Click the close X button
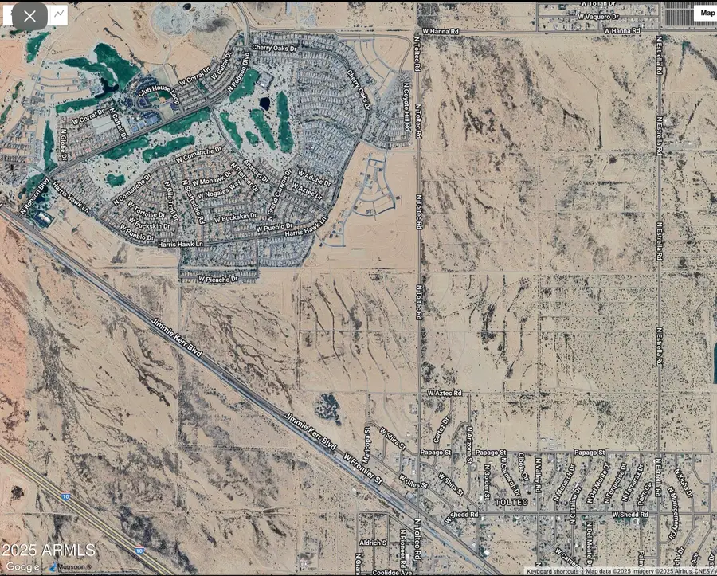pos(29,16)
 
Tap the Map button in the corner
pos(707,13)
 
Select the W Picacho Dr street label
pos(218,280)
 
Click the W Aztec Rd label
pos(445,394)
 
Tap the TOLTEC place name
pos(511,503)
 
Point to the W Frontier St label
pos(363,469)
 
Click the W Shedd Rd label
pos(632,515)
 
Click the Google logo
pos(22,566)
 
